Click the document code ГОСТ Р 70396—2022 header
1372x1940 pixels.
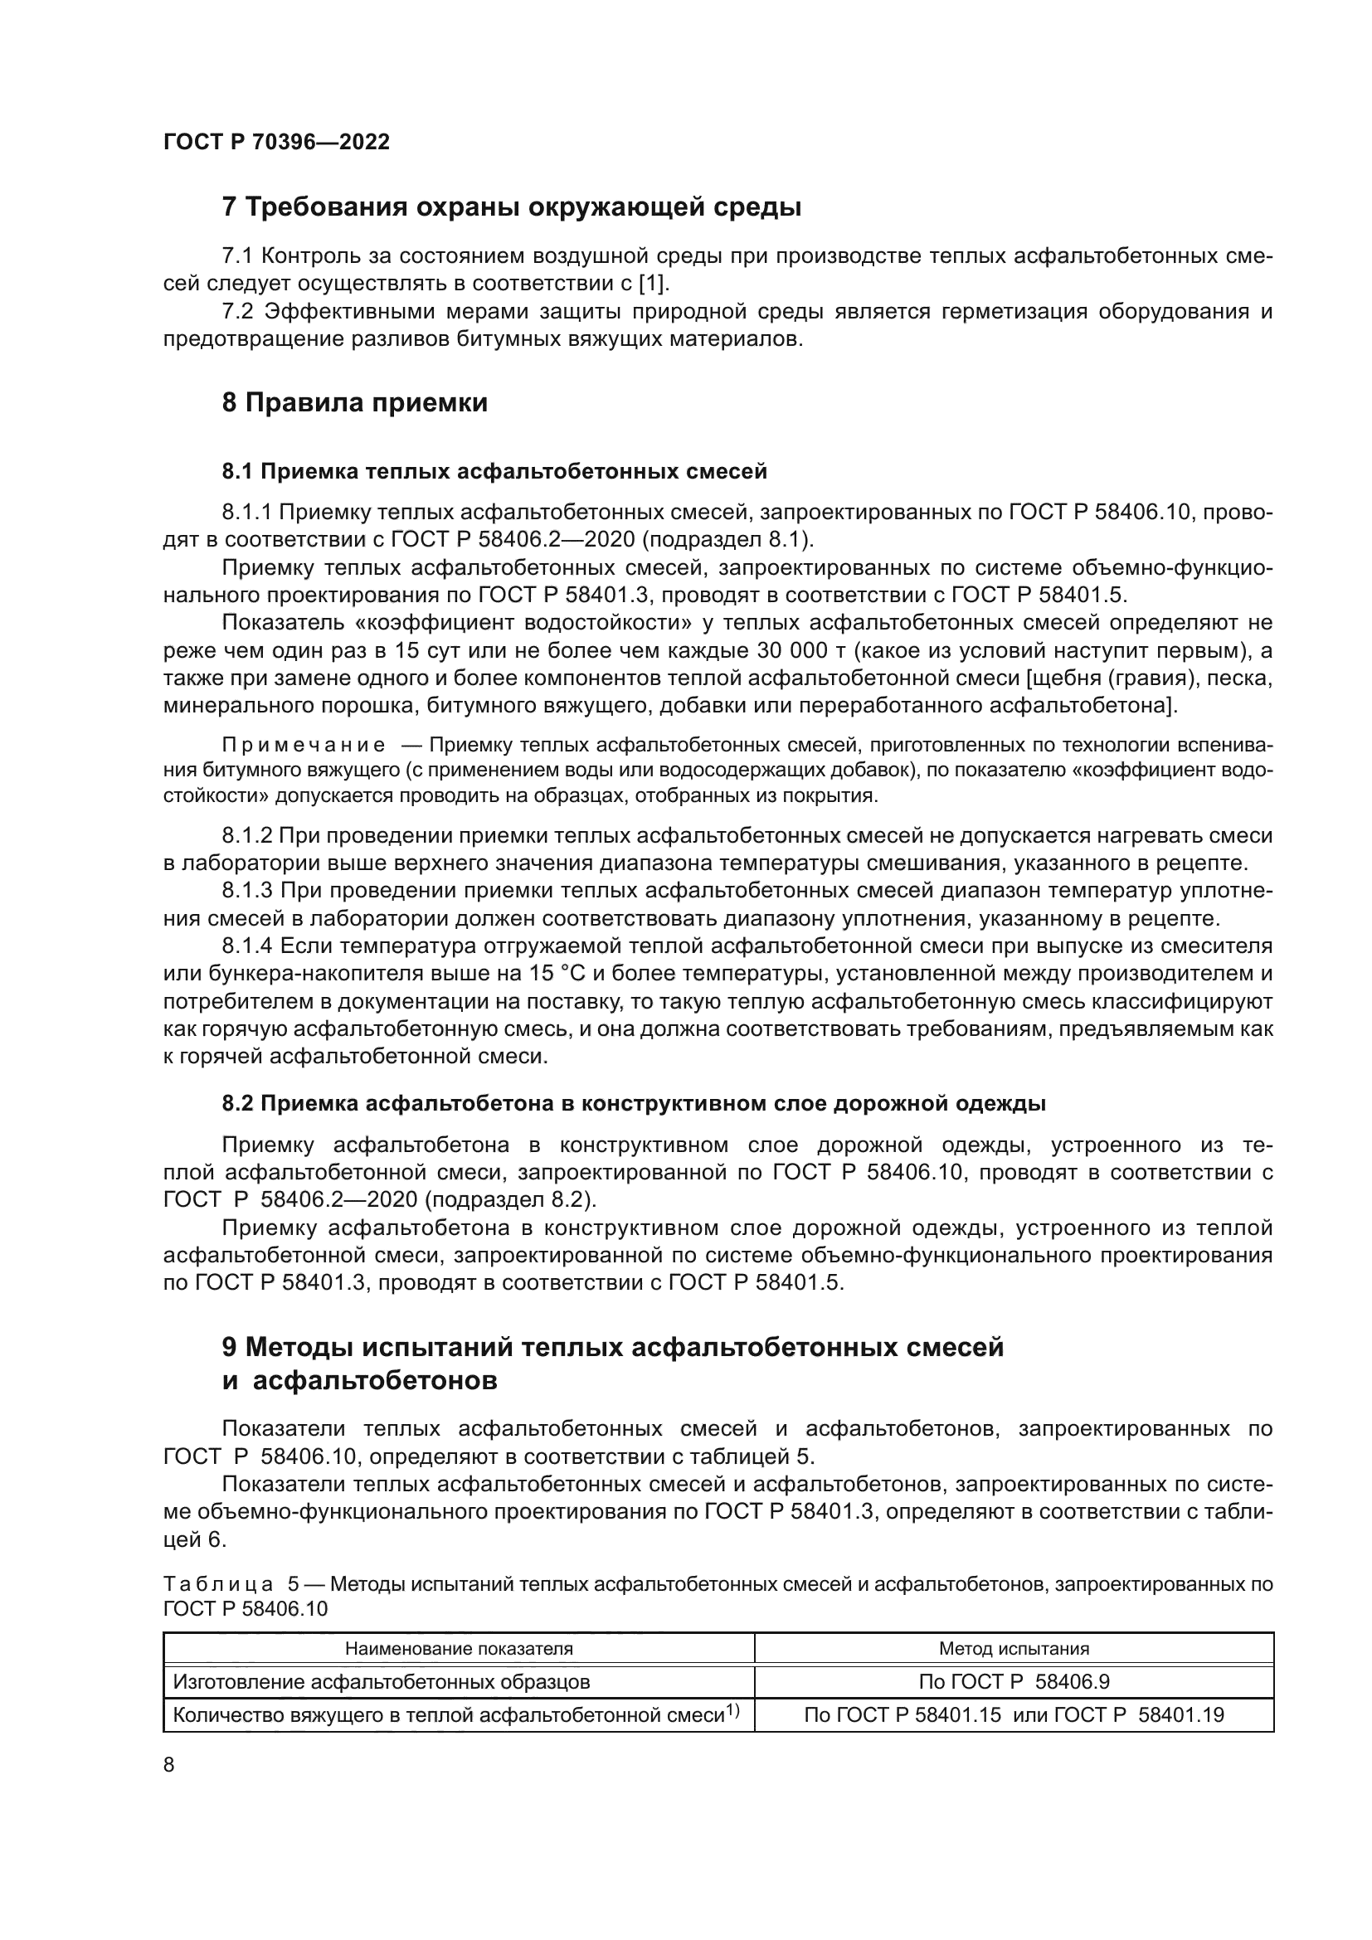click(276, 142)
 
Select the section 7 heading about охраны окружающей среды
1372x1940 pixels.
click(511, 207)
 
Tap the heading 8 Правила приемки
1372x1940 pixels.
click(355, 403)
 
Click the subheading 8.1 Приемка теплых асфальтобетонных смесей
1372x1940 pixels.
click(494, 471)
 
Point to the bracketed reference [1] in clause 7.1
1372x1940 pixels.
click(654, 283)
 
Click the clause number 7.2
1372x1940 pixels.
click(237, 312)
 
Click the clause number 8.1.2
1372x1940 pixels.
click(246, 836)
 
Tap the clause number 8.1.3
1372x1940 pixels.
click(246, 891)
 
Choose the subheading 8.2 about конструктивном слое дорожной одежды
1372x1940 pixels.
click(634, 1103)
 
